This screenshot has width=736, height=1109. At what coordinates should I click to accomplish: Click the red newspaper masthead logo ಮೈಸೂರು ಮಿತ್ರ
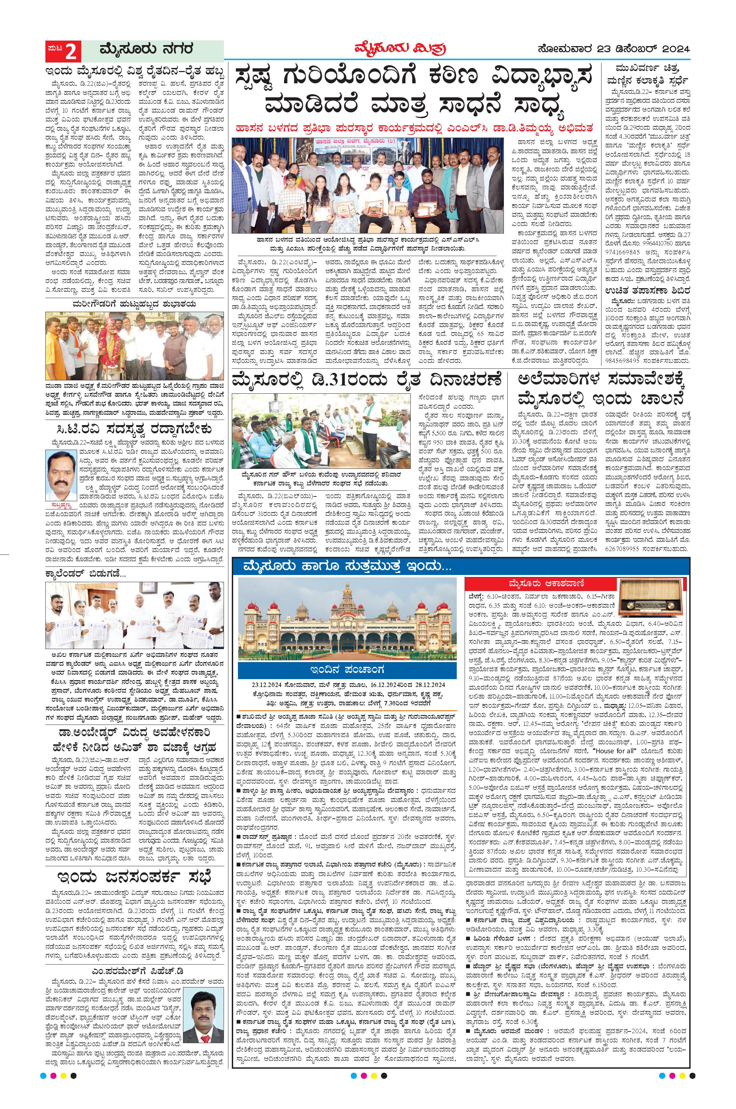(x=397, y=48)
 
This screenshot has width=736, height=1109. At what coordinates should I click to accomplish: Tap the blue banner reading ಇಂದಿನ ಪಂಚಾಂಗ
(x=348, y=669)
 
